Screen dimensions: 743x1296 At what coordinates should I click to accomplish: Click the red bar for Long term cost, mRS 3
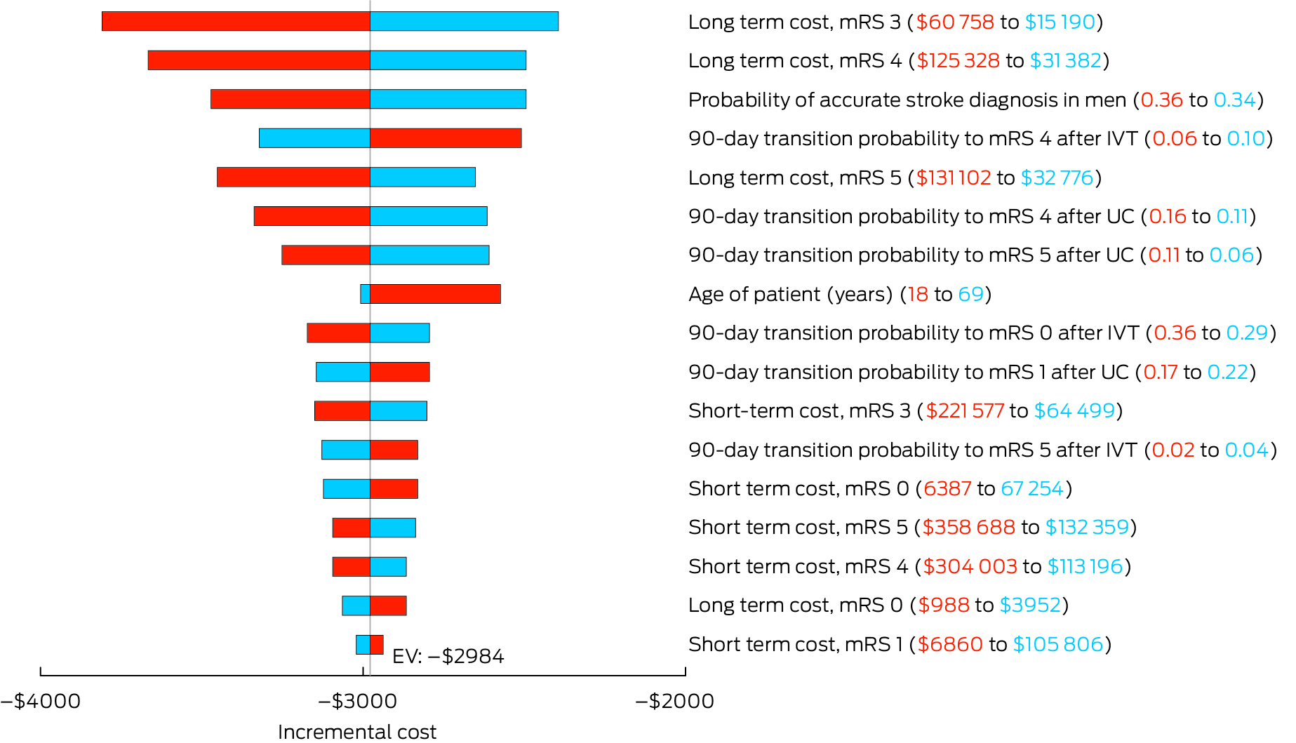pos(236,22)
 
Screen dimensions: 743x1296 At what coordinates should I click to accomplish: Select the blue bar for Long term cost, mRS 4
pos(448,60)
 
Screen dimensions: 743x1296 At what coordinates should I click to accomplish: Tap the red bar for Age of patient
pos(435,294)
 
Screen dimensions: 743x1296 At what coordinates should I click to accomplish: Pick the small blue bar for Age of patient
pos(365,294)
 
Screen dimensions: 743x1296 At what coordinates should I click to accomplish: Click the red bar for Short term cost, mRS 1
pos(377,645)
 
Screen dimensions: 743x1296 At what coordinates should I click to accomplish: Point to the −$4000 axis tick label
pos(41,701)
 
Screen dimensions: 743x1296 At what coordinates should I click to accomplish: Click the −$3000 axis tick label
pos(358,701)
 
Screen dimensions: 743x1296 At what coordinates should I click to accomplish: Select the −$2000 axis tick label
pos(675,701)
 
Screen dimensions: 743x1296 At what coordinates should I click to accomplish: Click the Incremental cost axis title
pos(357,732)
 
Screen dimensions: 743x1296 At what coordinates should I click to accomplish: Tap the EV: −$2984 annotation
pos(448,657)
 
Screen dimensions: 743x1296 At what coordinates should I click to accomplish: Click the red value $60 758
pos(955,22)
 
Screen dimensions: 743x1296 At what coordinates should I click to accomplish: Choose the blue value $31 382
pos(1065,61)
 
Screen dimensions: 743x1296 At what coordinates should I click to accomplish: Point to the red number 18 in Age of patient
pos(917,295)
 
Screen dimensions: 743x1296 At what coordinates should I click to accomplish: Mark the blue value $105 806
pos(1058,645)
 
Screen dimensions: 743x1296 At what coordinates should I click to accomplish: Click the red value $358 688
pos(968,528)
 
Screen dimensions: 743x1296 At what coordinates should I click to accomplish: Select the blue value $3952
pos(1030,605)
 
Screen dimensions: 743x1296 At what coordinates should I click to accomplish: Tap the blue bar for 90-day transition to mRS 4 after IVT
pos(314,138)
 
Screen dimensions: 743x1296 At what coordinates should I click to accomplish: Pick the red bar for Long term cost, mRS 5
pos(293,177)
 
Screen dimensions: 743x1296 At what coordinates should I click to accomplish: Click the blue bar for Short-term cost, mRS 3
pos(399,411)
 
